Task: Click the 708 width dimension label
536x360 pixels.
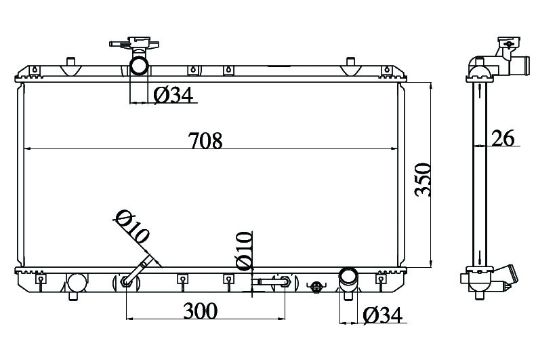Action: [205, 140]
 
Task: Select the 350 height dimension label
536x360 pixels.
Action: [423, 180]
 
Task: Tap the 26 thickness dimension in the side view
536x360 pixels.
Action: [503, 138]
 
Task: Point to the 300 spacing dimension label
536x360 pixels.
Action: [201, 311]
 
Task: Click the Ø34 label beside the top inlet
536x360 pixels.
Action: [173, 95]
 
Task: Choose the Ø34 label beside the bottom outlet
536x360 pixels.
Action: [382, 315]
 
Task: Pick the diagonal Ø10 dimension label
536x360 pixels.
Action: [132, 227]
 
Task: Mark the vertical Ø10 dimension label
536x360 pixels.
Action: [244, 251]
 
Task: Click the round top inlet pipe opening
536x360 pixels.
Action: [139, 66]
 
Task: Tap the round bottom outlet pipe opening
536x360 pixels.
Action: [348, 276]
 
